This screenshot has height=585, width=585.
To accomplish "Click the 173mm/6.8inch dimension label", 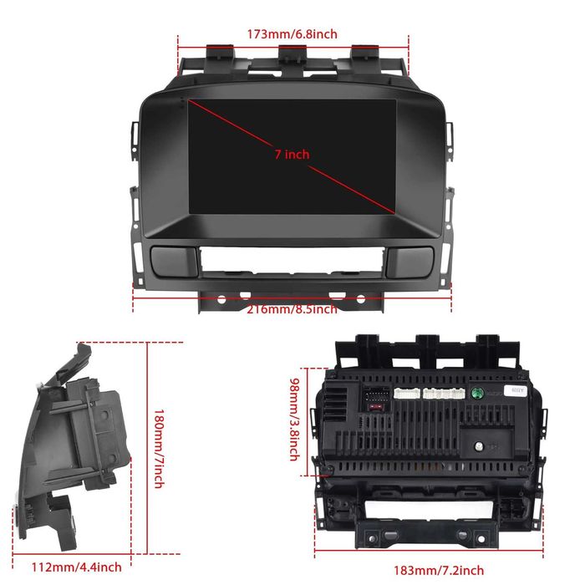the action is point(292,34).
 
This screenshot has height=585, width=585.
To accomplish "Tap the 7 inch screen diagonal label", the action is point(292,154).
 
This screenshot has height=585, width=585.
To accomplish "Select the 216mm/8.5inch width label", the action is point(292,309).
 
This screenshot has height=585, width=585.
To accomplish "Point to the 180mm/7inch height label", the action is point(160,449).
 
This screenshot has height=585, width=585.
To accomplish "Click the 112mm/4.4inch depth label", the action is point(77,567).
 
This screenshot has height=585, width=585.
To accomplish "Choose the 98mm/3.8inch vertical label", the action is point(295,420).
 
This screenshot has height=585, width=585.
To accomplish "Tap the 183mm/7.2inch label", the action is point(439,570).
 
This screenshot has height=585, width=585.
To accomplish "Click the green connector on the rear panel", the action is point(477,393).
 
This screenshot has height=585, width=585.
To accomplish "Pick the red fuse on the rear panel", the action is point(375,406).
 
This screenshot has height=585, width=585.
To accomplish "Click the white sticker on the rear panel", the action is point(516,390).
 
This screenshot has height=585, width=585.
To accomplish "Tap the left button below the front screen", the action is point(174,261).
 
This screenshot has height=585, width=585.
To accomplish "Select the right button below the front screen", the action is point(409,262).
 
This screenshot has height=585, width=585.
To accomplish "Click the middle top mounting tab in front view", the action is point(292,53).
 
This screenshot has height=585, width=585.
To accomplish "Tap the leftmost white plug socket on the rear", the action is point(407,394).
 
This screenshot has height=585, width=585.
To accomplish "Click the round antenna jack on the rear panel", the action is point(479,445).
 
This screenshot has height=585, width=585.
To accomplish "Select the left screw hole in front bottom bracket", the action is point(221,299).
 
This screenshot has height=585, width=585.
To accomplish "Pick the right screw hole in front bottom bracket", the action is point(360,299).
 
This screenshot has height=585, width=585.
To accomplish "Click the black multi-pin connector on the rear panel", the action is point(376,394).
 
